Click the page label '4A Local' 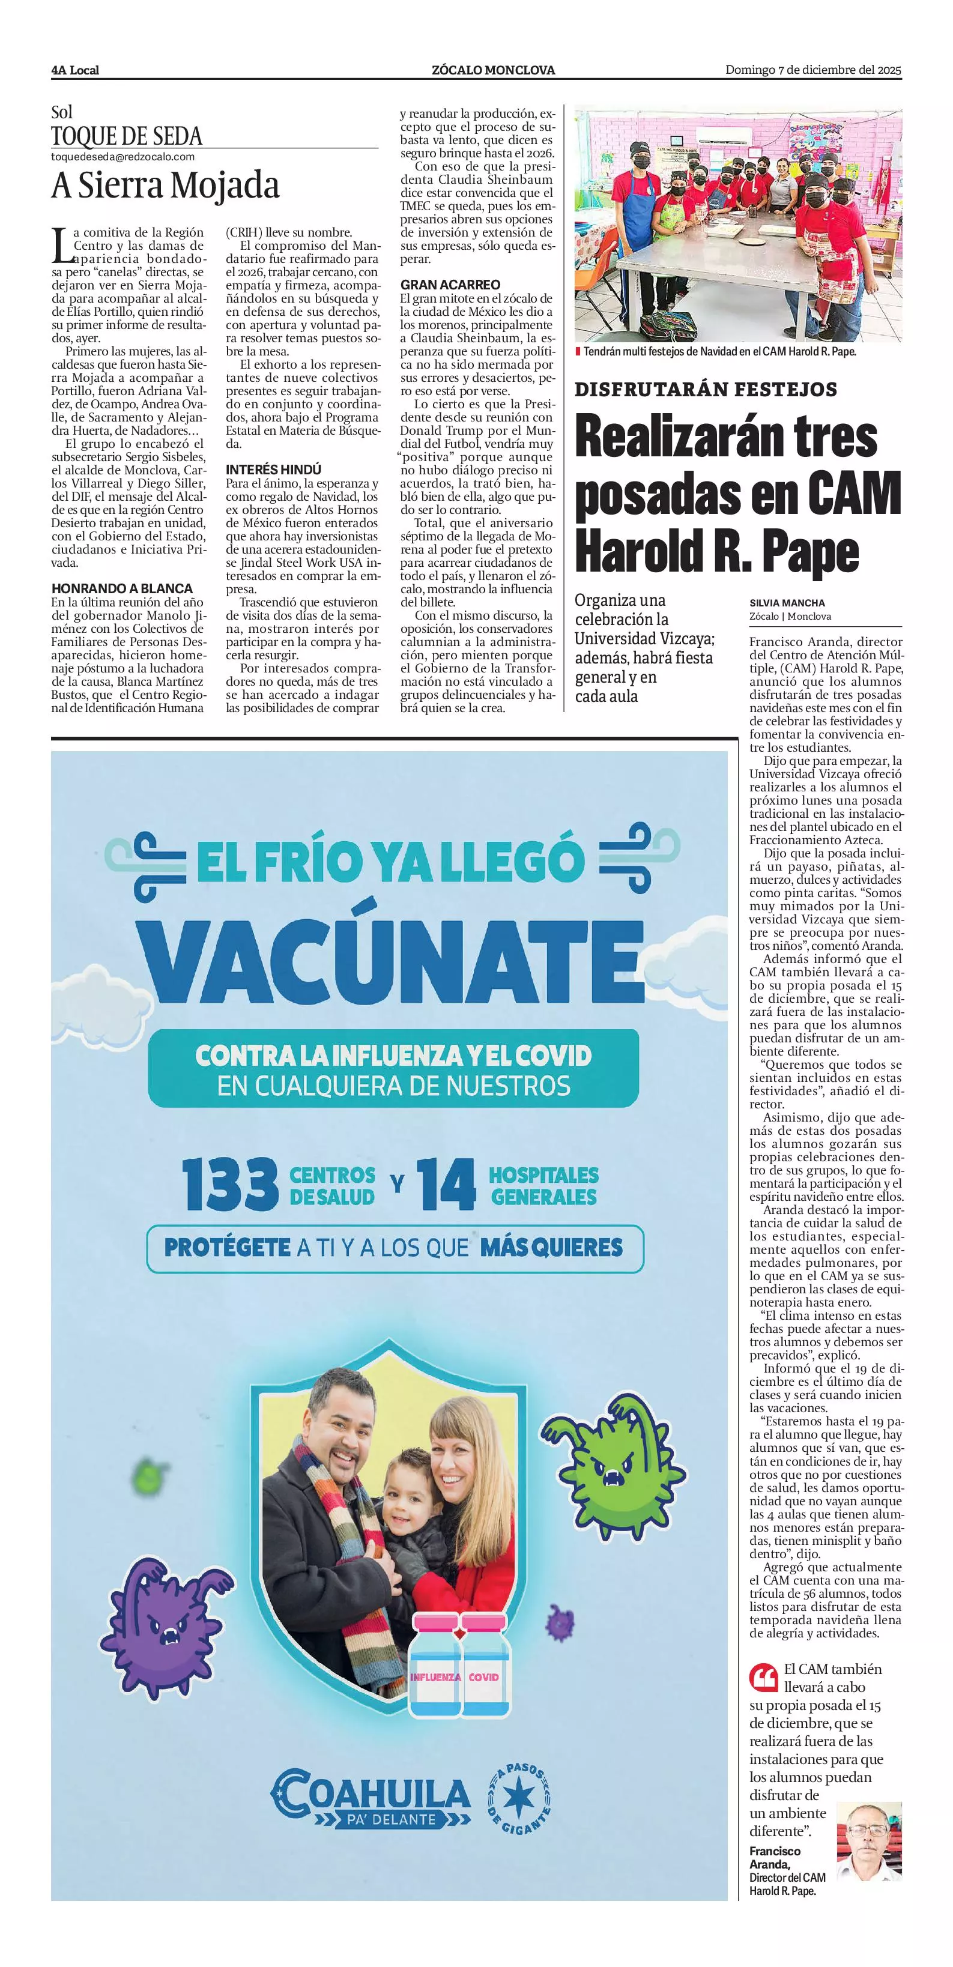(75, 70)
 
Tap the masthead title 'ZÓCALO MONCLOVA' (492, 70)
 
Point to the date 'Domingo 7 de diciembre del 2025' (812, 70)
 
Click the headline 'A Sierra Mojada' (165, 186)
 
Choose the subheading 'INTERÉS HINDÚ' (273, 470)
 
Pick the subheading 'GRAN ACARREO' (450, 285)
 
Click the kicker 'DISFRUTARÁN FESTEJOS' (706, 390)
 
